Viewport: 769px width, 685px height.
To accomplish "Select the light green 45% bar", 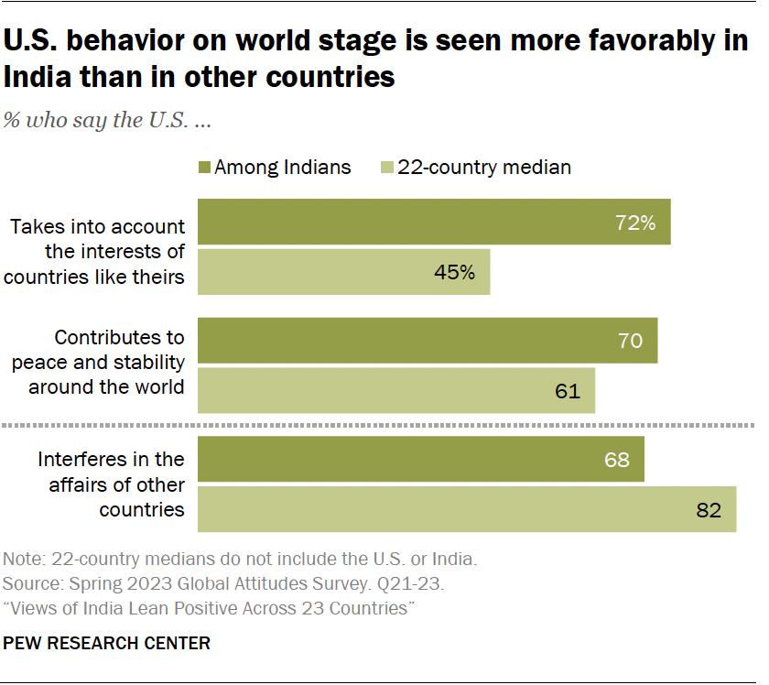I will [x=344, y=272].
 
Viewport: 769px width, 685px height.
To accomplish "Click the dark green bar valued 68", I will [x=421, y=460].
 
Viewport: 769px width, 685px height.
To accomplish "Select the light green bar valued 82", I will [x=467, y=509].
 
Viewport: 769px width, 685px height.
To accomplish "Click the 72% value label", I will [x=635, y=223].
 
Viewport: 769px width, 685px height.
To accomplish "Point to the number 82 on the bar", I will [x=709, y=510].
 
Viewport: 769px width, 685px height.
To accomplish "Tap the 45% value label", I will [x=454, y=272].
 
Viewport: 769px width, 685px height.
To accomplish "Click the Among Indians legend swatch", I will [x=203, y=168].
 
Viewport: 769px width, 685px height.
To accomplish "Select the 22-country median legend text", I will [x=484, y=168].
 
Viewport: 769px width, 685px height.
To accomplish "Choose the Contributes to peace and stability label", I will [x=98, y=363].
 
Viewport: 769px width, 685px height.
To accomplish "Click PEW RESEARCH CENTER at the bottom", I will [x=107, y=644].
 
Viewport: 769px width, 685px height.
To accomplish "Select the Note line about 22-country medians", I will [x=241, y=559].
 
